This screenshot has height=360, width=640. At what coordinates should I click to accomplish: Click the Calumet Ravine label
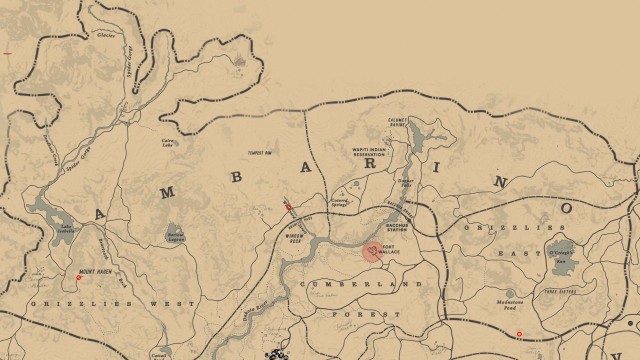pos(398,123)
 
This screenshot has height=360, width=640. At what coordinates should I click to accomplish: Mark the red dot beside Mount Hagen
pos(79,278)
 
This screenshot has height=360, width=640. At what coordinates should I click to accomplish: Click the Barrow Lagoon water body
pos(175,234)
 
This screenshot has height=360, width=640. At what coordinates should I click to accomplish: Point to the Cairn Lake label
pos(169,141)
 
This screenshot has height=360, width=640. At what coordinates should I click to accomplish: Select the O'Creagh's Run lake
pos(563,249)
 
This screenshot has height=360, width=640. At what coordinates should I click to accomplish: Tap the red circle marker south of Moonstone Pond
pos(519,333)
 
